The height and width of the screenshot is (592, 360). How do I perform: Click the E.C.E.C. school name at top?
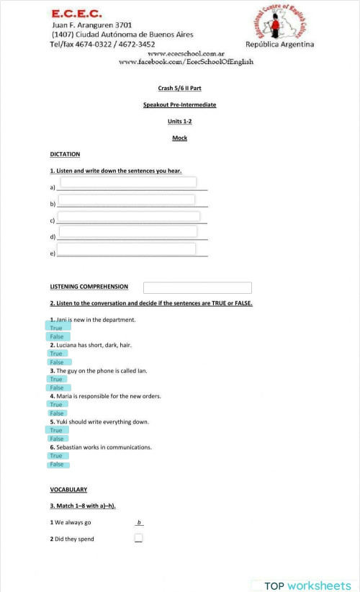click(x=77, y=14)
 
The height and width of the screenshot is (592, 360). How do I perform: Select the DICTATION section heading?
click(x=65, y=154)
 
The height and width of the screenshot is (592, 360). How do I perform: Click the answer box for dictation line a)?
click(x=128, y=182)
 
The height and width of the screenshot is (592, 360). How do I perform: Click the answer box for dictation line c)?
click(x=128, y=216)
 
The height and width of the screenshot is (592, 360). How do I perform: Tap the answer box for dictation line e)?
click(x=127, y=249)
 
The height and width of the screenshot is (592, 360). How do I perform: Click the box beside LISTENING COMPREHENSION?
click(x=197, y=287)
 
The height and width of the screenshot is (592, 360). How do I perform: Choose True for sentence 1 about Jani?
click(x=56, y=328)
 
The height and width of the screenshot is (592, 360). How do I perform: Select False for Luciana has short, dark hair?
click(x=56, y=362)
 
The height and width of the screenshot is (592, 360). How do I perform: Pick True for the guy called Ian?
click(x=56, y=379)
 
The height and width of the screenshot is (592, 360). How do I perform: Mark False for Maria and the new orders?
click(x=56, y=413)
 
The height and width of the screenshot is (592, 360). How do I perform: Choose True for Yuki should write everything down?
click(x=56, y=430)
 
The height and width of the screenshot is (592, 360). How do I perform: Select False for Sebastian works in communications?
click(x=56, y=465)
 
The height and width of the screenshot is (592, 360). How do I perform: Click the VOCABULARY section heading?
click(x=68, y=490)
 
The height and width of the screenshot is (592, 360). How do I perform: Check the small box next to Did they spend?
click(x=138, y=538)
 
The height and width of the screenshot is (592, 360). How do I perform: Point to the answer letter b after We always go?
click(x=139, y=522)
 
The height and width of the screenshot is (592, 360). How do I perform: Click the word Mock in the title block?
click(x=179, y=138)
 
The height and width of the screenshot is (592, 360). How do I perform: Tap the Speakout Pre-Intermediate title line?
click(x=179, y=104)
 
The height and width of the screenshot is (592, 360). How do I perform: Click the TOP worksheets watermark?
click(x=306, y=586)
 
